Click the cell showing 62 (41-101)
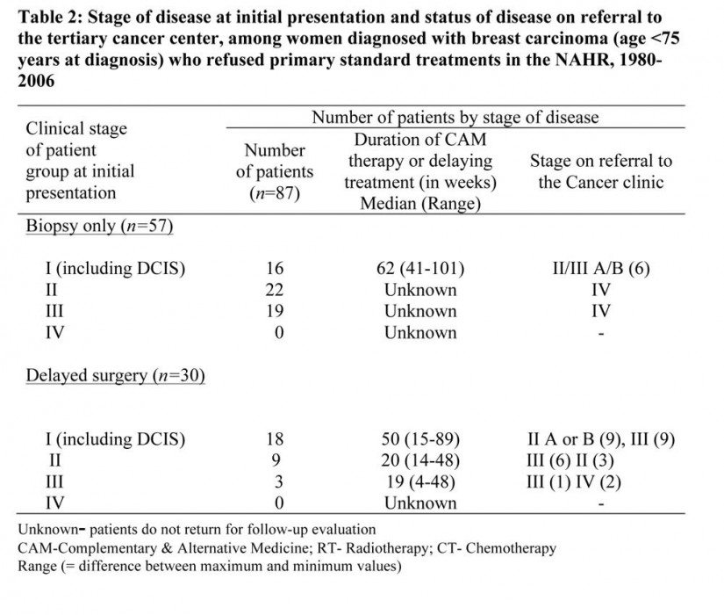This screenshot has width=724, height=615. click(420, 268)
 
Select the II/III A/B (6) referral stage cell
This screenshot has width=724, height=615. click(601, 268)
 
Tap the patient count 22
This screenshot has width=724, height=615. click(275, 290)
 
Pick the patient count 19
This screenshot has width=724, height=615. click(275, 311)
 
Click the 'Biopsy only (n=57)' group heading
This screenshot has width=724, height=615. click(99, 226)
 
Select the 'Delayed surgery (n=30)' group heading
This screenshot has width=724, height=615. click(115, 375)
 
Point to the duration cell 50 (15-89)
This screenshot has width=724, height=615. click(420, 439)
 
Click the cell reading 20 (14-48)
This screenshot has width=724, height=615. click(420, 460)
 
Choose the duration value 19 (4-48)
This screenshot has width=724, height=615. click(420, 481)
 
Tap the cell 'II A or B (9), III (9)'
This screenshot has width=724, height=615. click(601, 439)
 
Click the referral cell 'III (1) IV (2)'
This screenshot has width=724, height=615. click(573, 481)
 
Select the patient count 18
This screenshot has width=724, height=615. click(275, 438)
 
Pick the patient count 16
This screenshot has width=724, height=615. click(275, 268)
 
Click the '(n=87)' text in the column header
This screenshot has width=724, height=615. click(275, 192)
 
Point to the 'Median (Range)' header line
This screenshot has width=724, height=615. click(420, 204)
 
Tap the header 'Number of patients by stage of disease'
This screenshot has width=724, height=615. click(455, 118)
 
